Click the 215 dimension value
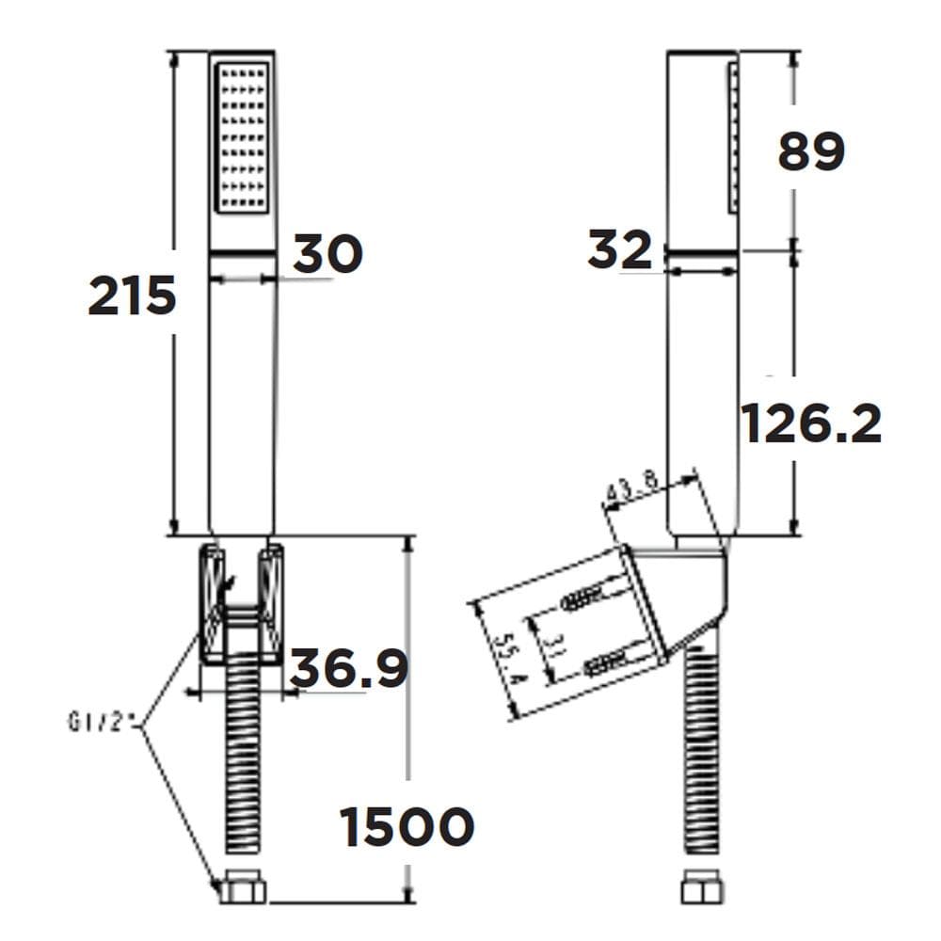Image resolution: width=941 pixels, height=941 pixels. point(132,296)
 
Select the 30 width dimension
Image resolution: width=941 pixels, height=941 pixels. point(327,253)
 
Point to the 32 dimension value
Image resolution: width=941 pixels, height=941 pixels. point(619,250)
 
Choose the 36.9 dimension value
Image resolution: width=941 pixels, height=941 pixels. point(348,668)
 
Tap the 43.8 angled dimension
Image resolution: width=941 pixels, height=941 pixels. point(633,491)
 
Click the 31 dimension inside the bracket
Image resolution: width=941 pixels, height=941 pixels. point(555,644)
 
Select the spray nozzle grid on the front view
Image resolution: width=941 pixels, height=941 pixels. point(242,136)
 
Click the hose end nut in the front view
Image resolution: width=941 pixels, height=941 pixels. point(243,889)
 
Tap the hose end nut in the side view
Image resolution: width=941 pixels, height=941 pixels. point(702,889)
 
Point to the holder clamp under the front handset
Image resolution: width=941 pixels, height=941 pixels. point(242,602)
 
